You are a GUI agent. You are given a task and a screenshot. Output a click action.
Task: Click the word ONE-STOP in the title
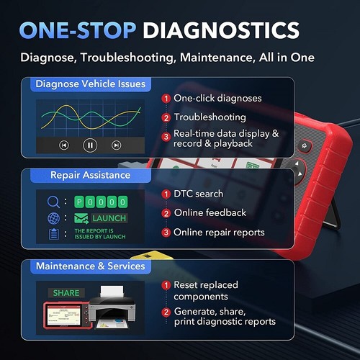77,30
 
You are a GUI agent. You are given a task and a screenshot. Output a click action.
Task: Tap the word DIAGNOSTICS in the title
221,30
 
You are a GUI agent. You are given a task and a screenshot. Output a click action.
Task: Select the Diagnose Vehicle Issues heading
90,84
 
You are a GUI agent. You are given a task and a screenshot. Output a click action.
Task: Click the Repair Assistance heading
90,175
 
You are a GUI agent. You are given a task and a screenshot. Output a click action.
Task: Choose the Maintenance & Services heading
90,266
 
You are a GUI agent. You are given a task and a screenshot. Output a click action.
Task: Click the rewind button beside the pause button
64,145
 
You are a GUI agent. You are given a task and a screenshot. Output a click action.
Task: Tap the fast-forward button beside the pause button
117,145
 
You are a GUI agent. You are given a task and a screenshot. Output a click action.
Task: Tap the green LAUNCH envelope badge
100,217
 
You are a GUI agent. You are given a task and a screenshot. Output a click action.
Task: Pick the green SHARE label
66,293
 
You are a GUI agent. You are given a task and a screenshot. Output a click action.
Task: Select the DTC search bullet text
199,194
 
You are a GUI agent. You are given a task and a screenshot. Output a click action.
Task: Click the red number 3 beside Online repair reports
166,232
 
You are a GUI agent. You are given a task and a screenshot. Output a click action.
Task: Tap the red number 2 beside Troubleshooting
166,117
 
